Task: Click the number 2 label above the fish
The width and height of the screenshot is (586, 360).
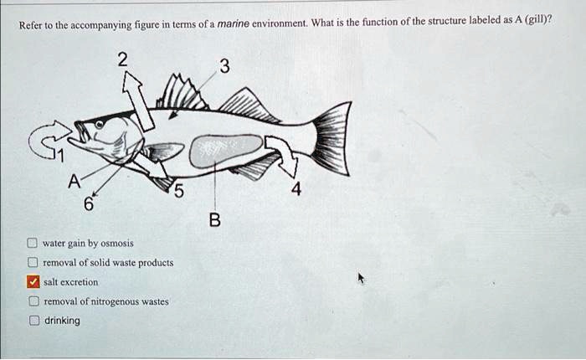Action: click(122, 59)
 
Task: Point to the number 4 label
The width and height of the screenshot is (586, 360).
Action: click(296, 190)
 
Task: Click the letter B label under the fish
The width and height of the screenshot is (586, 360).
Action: click(214, 221)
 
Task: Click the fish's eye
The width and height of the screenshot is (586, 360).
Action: click(100, 125)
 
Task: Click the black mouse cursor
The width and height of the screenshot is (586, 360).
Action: click(362, 277)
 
